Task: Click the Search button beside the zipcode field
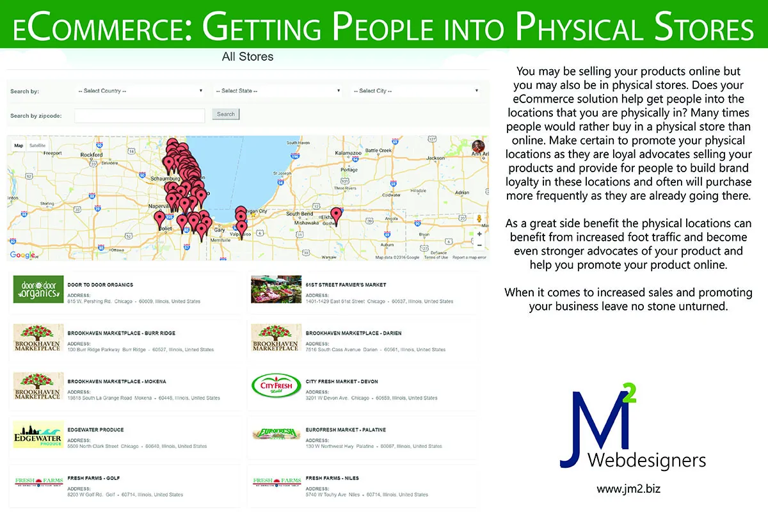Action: coord(226,115)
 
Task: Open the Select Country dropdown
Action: coord(140,91)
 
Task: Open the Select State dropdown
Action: coord(278,91)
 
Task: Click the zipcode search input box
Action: coord(140,115)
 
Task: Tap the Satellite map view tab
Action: coord(37,145)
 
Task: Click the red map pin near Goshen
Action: coord(336,215)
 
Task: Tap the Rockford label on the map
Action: coord(92,155)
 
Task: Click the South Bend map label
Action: coord(299,214)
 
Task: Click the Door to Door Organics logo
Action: coord(38,289)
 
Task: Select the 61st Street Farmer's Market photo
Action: coord(276,289)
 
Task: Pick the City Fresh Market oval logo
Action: coord(276,386)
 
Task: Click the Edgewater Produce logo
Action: coord(38,435)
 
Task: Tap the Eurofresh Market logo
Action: coord(276,434)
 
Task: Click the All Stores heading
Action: coord(248,57)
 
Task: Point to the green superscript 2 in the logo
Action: coord(629,396)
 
